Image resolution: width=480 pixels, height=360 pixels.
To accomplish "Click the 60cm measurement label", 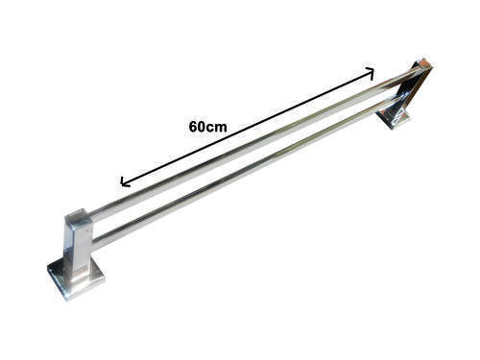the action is pyautogui.click(x=207, y=127).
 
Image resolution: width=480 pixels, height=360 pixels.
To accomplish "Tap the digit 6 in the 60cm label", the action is pyautogui.click(x=193, y=127).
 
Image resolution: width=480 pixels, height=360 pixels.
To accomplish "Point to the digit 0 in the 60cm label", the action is pyautogui.click(x=202, y=127).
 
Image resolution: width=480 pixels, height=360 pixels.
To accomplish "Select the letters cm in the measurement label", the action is pyautogui.click(x=217, y=128).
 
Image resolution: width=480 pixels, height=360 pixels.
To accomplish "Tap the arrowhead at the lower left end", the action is pyautogui.click(x=124, y=182).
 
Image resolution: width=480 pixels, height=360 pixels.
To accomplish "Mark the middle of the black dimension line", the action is pyautogui.click(x=247, y=127).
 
